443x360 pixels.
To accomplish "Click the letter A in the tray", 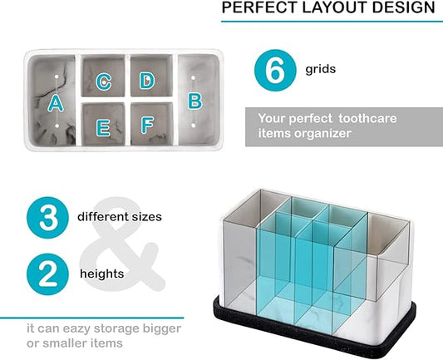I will (56, 103).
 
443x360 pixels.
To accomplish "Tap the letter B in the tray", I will (194, 101).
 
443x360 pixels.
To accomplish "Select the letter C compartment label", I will (104, 81).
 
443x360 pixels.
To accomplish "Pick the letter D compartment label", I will (146, 81).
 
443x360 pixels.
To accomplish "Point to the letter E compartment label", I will (103, 127).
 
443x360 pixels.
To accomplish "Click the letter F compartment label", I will (147, 126).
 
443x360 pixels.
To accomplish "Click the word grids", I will (320, 69).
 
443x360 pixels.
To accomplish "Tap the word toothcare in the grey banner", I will (368, 118).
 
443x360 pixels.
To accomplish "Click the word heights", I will (102, 273).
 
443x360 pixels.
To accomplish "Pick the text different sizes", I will (119, 217).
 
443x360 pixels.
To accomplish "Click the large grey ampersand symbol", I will (125, 241).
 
